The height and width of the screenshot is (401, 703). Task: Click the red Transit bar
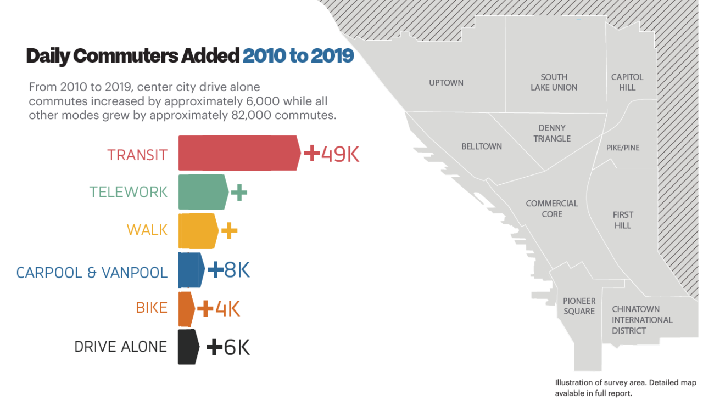point(239,153)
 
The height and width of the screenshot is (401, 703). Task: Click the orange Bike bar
point(186,309)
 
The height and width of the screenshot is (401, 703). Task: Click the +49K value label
point(332,154)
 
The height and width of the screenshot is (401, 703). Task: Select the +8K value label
point(229,270)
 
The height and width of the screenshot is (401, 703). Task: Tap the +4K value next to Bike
point(219,309)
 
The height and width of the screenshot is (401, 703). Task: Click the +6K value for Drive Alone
point(228,347)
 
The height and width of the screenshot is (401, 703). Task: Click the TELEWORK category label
point(129,192)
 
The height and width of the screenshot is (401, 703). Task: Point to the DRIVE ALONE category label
point(121,347)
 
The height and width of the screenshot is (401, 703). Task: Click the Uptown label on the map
point(446,83)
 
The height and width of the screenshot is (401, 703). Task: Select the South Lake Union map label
point(554,82)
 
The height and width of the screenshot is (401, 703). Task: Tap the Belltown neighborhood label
point(481,146)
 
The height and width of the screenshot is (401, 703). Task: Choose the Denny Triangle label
point(552,133)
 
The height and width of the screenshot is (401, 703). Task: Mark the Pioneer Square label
point(579,306)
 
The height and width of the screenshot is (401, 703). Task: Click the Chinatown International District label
point(642,320)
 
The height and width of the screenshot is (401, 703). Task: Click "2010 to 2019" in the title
point(298,56)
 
